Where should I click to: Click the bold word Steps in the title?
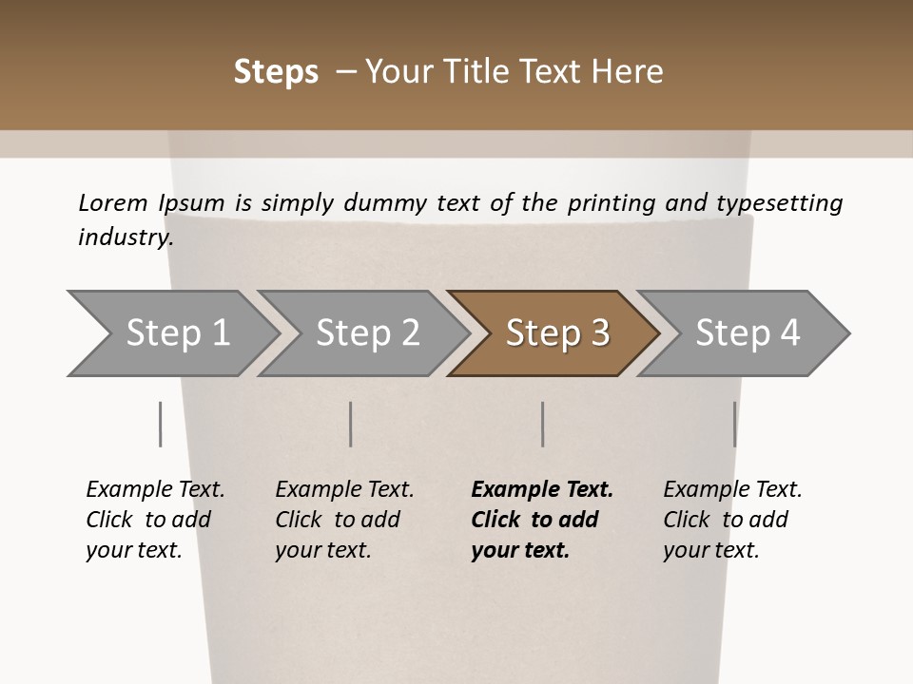click(x=276, y=72)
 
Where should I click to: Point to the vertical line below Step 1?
click(x=160, y=424)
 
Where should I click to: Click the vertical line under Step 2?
click(x=351, y=424)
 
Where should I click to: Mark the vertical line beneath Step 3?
click(x=542, y=424)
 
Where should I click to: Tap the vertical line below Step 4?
click(x=734, y=424)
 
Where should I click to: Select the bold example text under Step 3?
click(x=541, y=520)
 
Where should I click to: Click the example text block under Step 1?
click(x=155, y=520)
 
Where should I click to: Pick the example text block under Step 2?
click(x=344, y=520)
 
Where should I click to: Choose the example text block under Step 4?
click(x=732, y=520)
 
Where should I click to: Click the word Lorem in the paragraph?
click(x=113, y=203)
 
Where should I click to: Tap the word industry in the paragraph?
click(x=125, y=237)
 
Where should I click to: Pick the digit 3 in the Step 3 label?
click(x=599, y=333)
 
